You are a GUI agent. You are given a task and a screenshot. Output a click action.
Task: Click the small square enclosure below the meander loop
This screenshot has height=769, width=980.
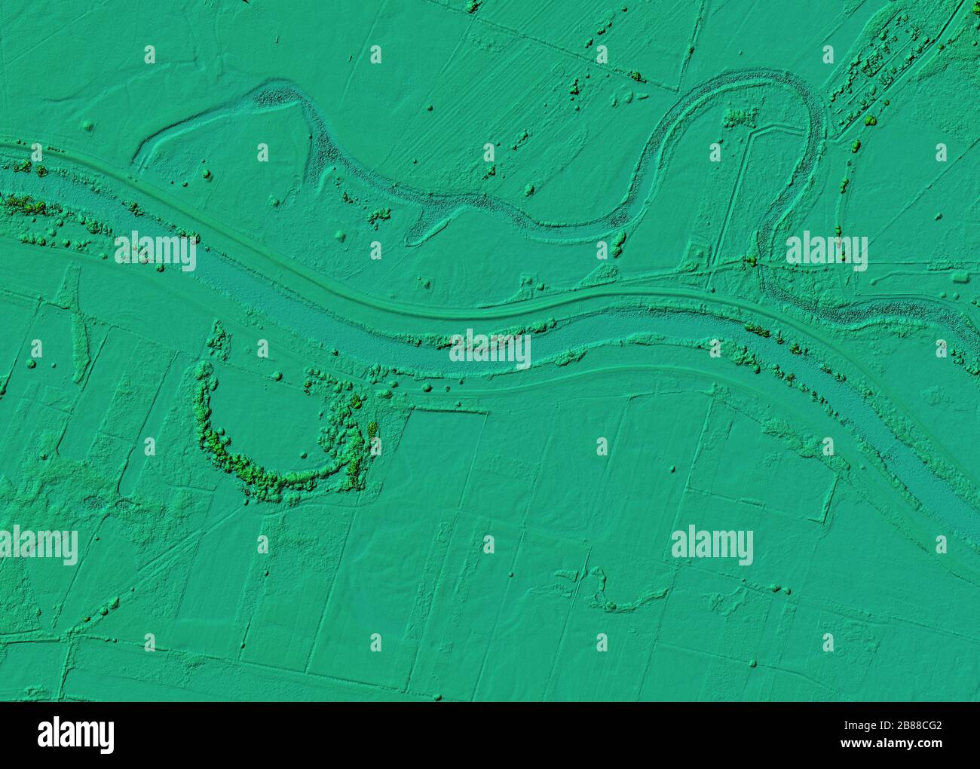[697, 253]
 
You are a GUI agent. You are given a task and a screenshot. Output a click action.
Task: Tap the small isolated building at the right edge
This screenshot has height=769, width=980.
[959, 275]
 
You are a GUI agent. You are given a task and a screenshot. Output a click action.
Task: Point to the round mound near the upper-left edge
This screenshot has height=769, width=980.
[89, 124]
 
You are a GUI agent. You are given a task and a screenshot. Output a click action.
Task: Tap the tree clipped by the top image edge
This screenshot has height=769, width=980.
[473, 6]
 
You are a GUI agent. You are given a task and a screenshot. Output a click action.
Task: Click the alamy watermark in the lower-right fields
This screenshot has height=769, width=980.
[712, 545]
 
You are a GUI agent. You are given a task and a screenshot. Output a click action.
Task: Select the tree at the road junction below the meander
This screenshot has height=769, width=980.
[752, 261]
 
